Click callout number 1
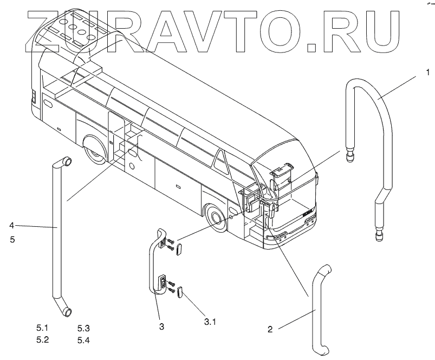click(427, 72)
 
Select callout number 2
click(270, 329)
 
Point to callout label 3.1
click(210, 322)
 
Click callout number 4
click(12, 225)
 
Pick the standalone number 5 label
click(12, 238)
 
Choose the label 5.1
click(42, 328)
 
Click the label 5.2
click(42, 340)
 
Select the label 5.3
click(83, 328)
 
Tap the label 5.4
click(83, 340)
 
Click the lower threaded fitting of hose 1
click(378, 233)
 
